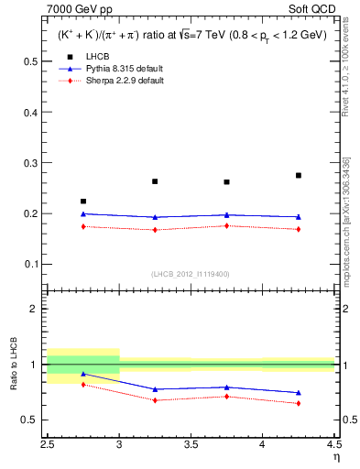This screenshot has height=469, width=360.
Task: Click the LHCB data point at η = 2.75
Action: (83, 202)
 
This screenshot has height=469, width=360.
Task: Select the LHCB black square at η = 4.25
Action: (299, 175)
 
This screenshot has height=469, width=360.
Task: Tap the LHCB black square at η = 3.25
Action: (155, 181)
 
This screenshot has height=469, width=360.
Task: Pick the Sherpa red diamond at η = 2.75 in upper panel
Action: (83, 226)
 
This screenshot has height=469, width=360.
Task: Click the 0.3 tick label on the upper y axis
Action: (34, 163)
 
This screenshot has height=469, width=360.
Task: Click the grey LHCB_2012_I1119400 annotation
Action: (191, 274)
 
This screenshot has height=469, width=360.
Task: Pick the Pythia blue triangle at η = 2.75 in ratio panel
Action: (83, 374)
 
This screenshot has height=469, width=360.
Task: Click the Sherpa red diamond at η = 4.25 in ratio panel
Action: (299, 403)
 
